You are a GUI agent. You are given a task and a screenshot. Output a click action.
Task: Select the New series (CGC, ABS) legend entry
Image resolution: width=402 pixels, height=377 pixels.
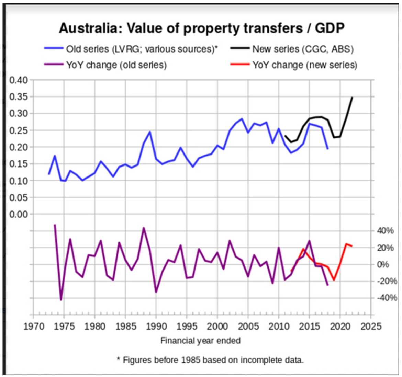303,49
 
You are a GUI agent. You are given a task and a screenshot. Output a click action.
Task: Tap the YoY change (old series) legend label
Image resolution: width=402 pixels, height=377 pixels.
116,65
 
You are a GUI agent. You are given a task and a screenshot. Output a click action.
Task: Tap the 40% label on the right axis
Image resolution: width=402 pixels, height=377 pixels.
385,231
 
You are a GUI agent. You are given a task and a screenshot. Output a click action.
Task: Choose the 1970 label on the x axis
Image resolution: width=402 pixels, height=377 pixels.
33,326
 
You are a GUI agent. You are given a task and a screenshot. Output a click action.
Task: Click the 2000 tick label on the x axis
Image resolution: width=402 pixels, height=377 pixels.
217,326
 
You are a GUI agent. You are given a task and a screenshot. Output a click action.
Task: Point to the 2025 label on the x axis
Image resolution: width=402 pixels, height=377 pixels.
371,326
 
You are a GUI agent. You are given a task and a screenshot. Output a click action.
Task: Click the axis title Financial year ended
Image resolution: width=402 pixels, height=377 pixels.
200,341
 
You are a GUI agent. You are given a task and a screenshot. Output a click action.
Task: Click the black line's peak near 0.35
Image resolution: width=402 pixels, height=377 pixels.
352,98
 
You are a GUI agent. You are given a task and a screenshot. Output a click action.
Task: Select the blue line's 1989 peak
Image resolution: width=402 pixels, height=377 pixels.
150,132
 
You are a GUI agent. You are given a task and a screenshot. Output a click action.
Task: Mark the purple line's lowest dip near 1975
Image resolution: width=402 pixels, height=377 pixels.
61,300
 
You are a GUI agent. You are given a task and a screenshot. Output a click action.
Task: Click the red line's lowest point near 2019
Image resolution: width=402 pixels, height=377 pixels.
333,280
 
